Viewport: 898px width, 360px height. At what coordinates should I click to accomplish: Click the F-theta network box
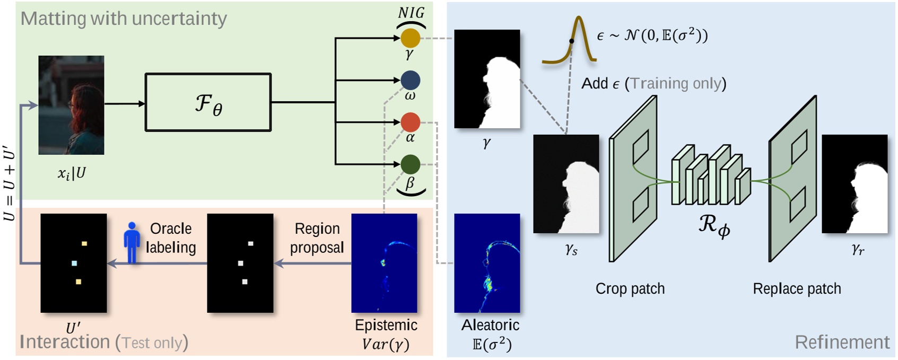coord(208,102)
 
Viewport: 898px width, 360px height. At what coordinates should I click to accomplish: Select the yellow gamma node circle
coord(410,38)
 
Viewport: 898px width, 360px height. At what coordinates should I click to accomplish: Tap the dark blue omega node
coord(411,80)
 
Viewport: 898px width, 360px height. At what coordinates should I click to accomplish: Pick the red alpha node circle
coord(410,122)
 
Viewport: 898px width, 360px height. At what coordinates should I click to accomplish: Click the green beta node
coord(410,164)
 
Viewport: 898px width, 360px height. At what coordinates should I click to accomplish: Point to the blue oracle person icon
coord(132,242)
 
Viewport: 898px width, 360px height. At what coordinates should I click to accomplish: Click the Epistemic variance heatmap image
coord(384,263)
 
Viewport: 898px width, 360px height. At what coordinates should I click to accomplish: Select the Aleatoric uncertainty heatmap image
coord(487,263)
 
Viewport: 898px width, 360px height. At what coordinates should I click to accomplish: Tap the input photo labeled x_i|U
coord(71,105)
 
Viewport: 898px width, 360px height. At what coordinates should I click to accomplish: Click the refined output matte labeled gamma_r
coord(854,184)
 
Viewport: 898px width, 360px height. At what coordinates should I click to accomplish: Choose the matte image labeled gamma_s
coord(566,184)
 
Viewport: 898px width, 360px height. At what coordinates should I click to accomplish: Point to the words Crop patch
coord(630,289)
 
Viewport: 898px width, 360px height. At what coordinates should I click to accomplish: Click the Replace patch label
coord(797,289)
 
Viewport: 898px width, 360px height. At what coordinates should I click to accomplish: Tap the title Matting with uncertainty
coord(124,19)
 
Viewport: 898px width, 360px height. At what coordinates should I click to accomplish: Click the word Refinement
coord(842,343)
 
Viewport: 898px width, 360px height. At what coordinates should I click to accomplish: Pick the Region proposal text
coord(317,238)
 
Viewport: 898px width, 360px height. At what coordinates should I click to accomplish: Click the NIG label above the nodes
coord(411,12)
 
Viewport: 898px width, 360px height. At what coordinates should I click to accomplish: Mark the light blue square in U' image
coord(74,263)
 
